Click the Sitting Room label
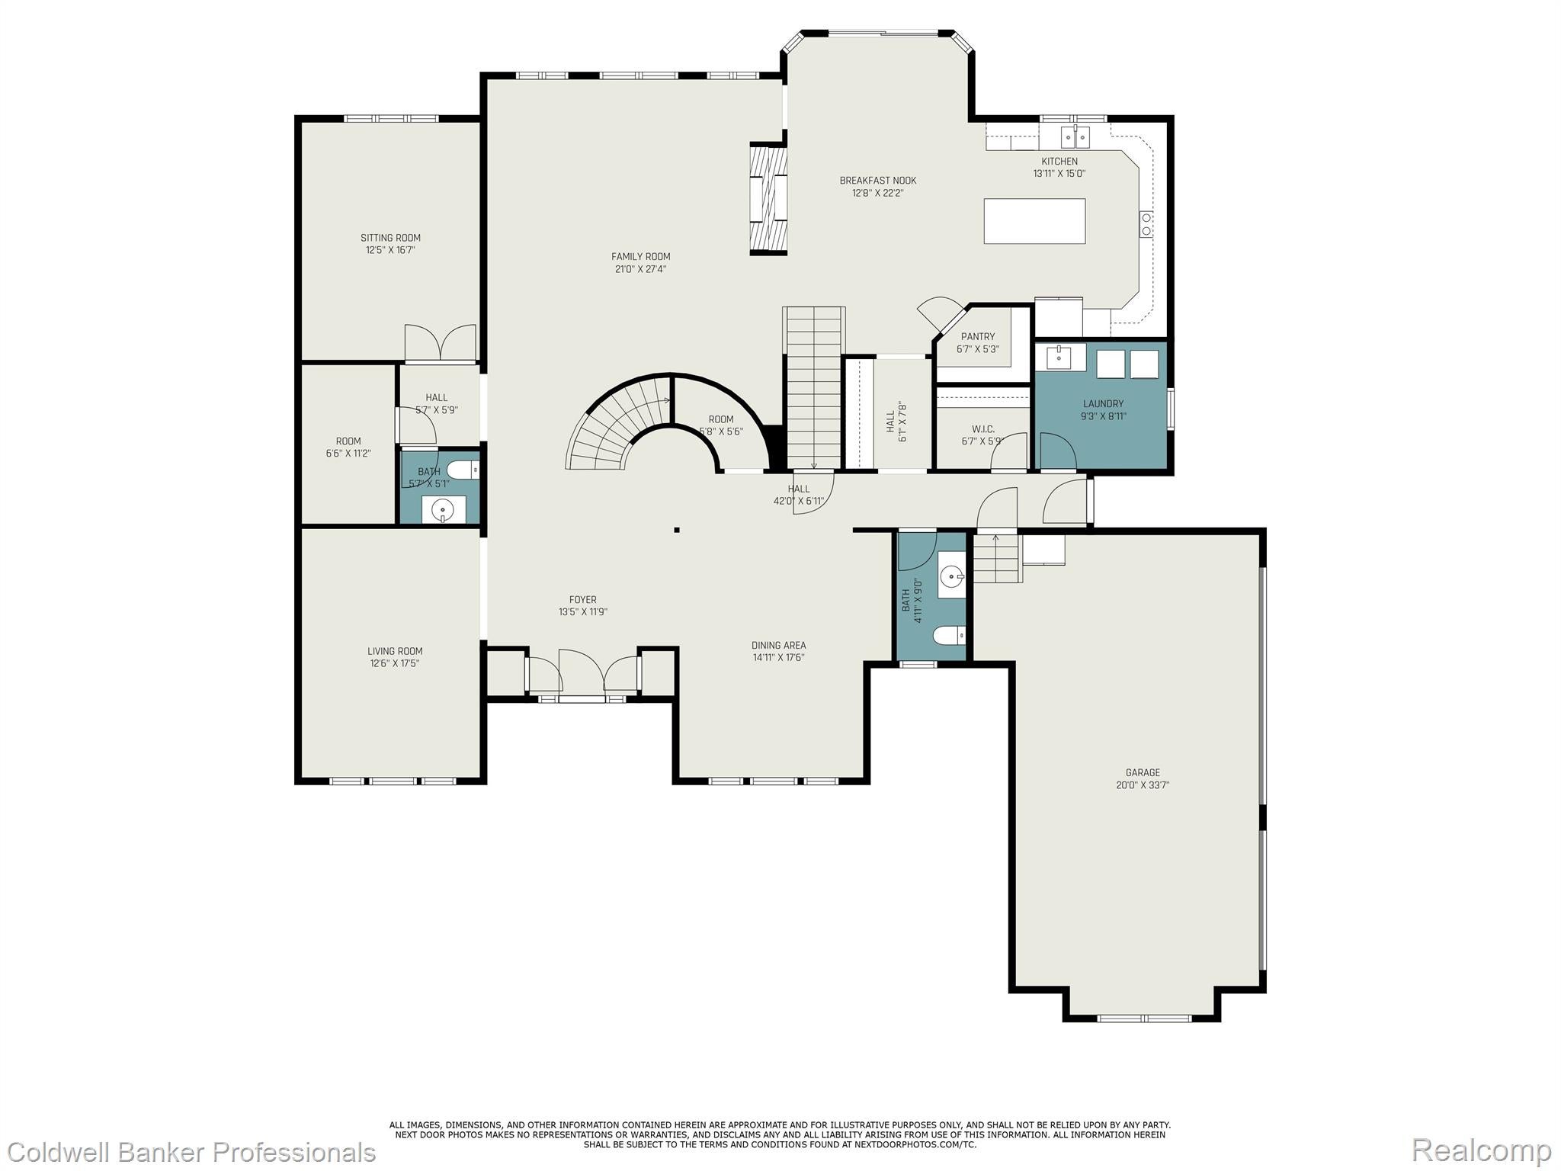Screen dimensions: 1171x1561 tap(390, 238)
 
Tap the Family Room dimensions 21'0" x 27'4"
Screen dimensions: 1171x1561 tap(640, 269)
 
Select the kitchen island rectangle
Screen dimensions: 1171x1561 tap(1034, 221)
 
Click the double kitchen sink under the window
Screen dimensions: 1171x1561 tap(1075, 137)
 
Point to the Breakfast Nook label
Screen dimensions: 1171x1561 tap(877, 181)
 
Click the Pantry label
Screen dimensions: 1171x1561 tap(977, 336)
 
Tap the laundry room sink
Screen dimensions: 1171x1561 tap(1059, 357)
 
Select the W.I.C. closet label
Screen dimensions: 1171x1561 tap(982, 429)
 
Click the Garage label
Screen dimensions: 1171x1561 tap(1143, 772)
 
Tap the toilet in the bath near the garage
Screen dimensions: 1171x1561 tap(950, 634)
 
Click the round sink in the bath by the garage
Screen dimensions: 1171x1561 tap(950, 577)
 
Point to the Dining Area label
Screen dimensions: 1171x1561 tap(778, 645)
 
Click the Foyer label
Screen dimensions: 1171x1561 tap(582, 600)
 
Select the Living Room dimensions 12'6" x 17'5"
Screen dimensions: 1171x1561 tap(395, 663)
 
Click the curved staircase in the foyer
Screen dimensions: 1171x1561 tap(610, 427)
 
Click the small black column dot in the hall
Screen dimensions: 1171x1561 tap(676, 530)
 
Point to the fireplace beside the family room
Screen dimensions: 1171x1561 tap(768, 198)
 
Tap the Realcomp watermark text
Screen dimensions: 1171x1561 tap(1481, 1150)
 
